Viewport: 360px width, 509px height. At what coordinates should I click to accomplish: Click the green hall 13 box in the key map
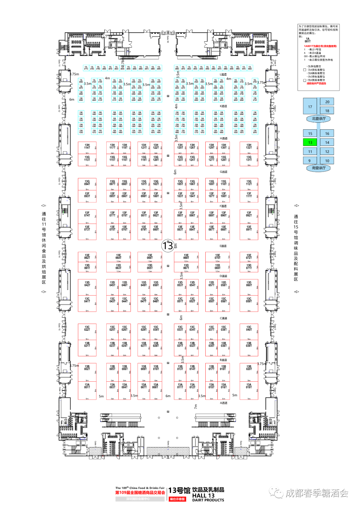click(x=310, y=142)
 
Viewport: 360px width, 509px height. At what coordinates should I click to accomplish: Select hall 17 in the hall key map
click(x=310, y=107)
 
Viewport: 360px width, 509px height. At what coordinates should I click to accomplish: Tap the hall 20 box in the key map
click(x=327, y=102)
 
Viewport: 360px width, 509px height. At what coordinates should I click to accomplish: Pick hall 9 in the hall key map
click(x=310, y=161)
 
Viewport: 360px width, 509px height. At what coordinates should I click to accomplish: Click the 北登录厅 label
click(x=318, y=119)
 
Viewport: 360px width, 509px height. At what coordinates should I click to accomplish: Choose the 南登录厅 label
click(x=318, y=168)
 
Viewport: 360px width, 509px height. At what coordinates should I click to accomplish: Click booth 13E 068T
click(x=186, y=257)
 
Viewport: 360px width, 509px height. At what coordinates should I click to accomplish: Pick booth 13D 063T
click(x=118, y=267)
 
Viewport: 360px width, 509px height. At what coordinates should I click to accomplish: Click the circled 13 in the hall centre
click(x=168, y=246)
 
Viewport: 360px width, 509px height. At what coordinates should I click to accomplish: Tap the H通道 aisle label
click(x=223, y=138)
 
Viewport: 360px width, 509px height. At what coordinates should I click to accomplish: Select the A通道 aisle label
click(x=223, y=403)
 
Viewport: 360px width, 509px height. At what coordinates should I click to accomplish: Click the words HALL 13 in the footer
click(x=203, y=496)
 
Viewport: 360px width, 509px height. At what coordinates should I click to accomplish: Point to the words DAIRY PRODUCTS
click(x=208, y=500)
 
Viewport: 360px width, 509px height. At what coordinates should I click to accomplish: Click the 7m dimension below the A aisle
click(x=196, y=406)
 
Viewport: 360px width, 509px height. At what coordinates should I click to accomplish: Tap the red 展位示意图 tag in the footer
click(x=177, y=499)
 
